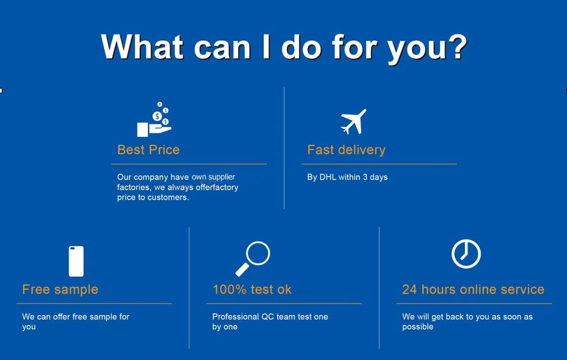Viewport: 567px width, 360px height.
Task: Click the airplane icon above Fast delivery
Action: pos(353,122)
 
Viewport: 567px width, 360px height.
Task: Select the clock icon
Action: pos(466,254)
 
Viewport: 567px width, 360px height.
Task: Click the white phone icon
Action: pos(76,261)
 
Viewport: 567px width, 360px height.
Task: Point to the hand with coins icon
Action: pos(155,120)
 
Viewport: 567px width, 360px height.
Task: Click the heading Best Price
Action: pos(148,150)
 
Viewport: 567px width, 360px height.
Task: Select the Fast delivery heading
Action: pos(346,150)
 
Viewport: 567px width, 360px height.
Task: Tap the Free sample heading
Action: pos(60,289)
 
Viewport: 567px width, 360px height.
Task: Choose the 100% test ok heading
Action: pos(252,289)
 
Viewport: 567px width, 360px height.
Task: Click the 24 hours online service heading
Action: pos(473,289)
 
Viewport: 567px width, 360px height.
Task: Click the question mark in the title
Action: pos(457,47)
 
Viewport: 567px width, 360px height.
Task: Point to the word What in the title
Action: pos(141,47)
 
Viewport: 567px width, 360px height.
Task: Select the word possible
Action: pos(417,327)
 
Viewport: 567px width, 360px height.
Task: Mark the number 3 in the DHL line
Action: pos(365,177)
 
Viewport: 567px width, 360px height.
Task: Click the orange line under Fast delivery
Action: pos(379,164)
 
